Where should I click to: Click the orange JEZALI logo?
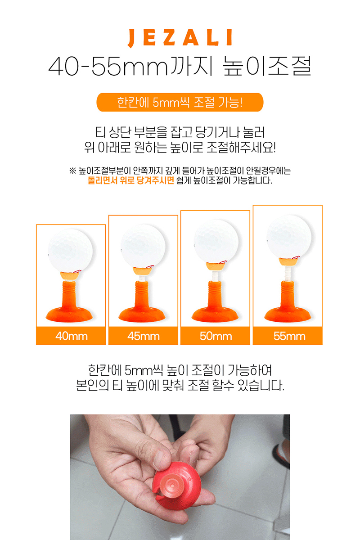pyautogui.click(x=180, y=38)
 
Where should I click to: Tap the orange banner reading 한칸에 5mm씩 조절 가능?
pyautogui.click(x=180, y=102)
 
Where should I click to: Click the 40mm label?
pyautogui.click(x=72, y=336)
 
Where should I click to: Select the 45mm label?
pyautogui.click(x=144, y=336)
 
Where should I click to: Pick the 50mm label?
pyautogui.click(x=216, y=336)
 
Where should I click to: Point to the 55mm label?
pyautogui.click(x=289, y=336)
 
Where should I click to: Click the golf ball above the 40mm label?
pyautogui.click(x=70, y=251)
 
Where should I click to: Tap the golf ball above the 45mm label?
pyautogui.click(x=143, y=246)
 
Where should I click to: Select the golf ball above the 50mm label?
pyautogui.click(x=216, y=241)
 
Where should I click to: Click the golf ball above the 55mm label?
pyautogui.click(x=289, y=237)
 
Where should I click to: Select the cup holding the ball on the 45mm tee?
pyautogui.click(x=142, y=271)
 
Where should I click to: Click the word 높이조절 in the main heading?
pyautogui.click(x=267, y=66)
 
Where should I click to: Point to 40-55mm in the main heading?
pyautogui.click(x=108, y=66)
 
